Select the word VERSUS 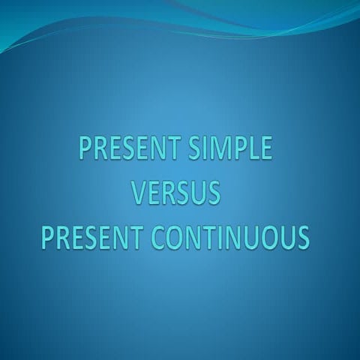pyautogui.click(x=176, y=193)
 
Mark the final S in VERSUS pyautogui.click(x=213, y=193)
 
